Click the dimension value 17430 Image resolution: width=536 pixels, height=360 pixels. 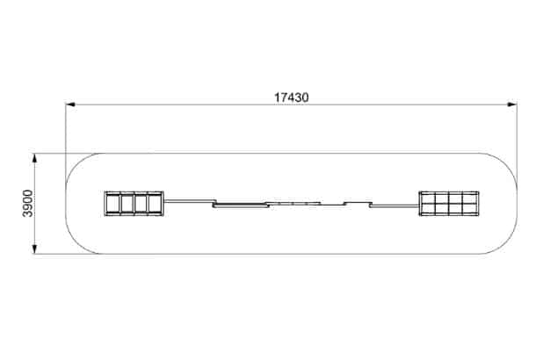pyautogui.click(x=291, y=97)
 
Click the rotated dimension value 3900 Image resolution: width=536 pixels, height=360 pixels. pyautogui.click(x=27, y=203)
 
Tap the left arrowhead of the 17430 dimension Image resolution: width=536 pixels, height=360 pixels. pyautogui.click(x=70, y=104)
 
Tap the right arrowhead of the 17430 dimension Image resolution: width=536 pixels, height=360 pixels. pyautogui.click(x=511, y=104)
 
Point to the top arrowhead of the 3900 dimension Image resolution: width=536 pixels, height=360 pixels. pyautogui.click(x=34, y=159)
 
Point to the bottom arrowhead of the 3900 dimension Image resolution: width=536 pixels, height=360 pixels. pyautogui.click(x=34, y=249)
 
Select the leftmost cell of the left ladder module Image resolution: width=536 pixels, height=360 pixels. pyautogui.click(x=112, y=204)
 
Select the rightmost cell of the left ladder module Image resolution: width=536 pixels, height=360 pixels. pyautogui.click(x=156, y=204)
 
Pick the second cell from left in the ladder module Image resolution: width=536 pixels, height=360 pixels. pyautogui.click(x=127, y=204)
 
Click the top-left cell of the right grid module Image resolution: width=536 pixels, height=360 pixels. pyautogui.click(x=427, y=198)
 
